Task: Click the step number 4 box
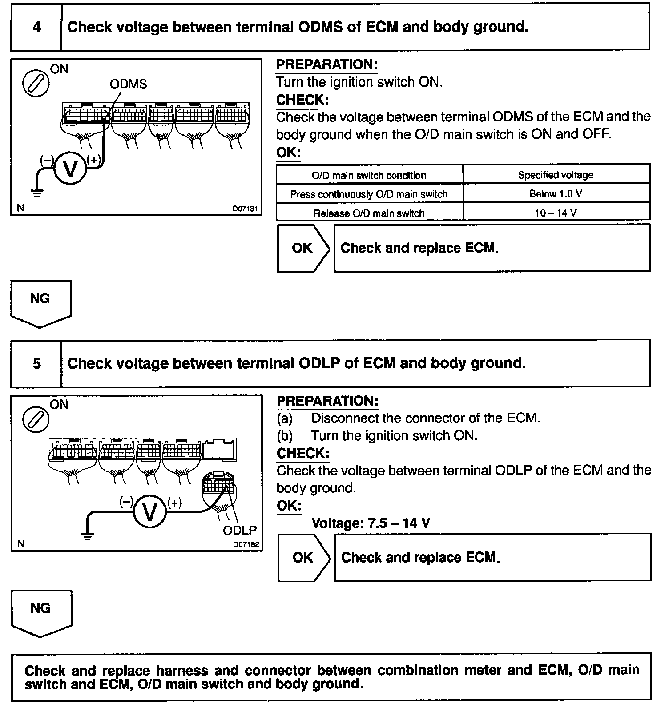pyautogui.click(x=36, y=28)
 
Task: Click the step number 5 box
pyautogui.click(x=36, y=364)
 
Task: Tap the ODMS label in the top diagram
pyautogui.click(x=128, y=84)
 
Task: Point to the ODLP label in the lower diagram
pyautogui.click(x=240, y=530)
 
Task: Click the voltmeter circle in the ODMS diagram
pyautogui.click(x=70, y=169)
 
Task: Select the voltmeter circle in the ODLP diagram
pyautogui.click(x=149, y=512)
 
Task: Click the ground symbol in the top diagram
pyautogui.click(x=36, y=193)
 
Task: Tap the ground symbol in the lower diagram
pyautogui.click(x=88, y=537)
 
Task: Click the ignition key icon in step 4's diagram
pyautogui.click(x=36, y=83)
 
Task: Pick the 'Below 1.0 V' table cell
pyautogui.click(x=556, y=194)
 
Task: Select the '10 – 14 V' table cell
pyautogui.click(x=556, y=213)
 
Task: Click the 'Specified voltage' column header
pyautogui.click(x=556, y=175)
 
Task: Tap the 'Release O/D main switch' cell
pyautogui.click(x=369, y=213)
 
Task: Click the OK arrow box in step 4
pyautogui.click(x=304, y=248)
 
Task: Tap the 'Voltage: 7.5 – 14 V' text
pyautogui.click(x=371, y=523)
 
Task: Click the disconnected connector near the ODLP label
pyautogui.click(x=218, y=483)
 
